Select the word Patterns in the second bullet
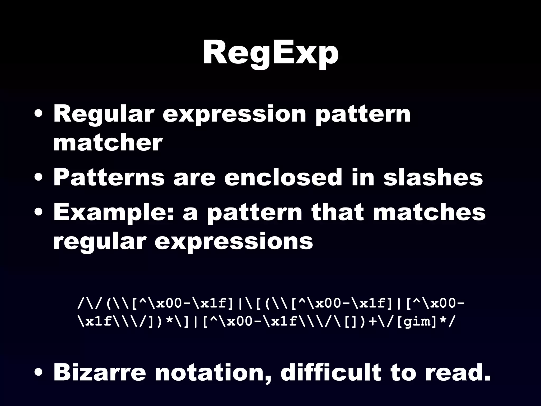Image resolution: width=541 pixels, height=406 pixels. coord(109,177)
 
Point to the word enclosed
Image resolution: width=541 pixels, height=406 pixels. coord(283,177)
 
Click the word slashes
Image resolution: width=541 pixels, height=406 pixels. coord(433,177)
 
